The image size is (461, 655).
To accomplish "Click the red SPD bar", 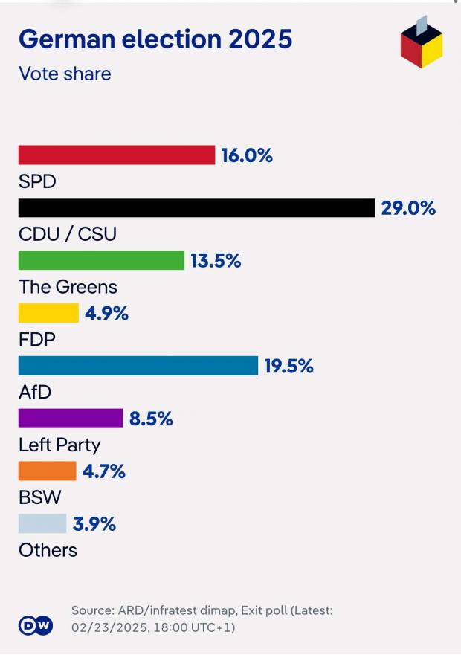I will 116,155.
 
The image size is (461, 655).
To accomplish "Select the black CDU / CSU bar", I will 196,207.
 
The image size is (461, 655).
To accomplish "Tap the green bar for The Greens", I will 101,260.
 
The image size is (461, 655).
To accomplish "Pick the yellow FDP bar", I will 48,313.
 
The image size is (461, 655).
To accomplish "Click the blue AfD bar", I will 138,366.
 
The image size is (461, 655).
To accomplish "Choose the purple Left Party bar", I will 71,419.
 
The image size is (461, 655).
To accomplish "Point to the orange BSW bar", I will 48,471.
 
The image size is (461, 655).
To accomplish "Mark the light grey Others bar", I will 42,524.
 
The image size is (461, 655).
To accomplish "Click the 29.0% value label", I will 408,208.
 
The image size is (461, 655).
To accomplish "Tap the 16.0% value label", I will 247,155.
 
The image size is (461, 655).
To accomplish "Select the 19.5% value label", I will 288,367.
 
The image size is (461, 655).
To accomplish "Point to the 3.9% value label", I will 94,524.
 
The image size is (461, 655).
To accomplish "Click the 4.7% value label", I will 103,471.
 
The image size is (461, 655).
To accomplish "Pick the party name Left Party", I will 59,445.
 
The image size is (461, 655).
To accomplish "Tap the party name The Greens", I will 68,287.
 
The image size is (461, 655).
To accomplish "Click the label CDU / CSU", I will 68,234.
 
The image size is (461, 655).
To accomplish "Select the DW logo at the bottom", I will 36,625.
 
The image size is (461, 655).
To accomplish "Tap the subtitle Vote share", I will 65,74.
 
